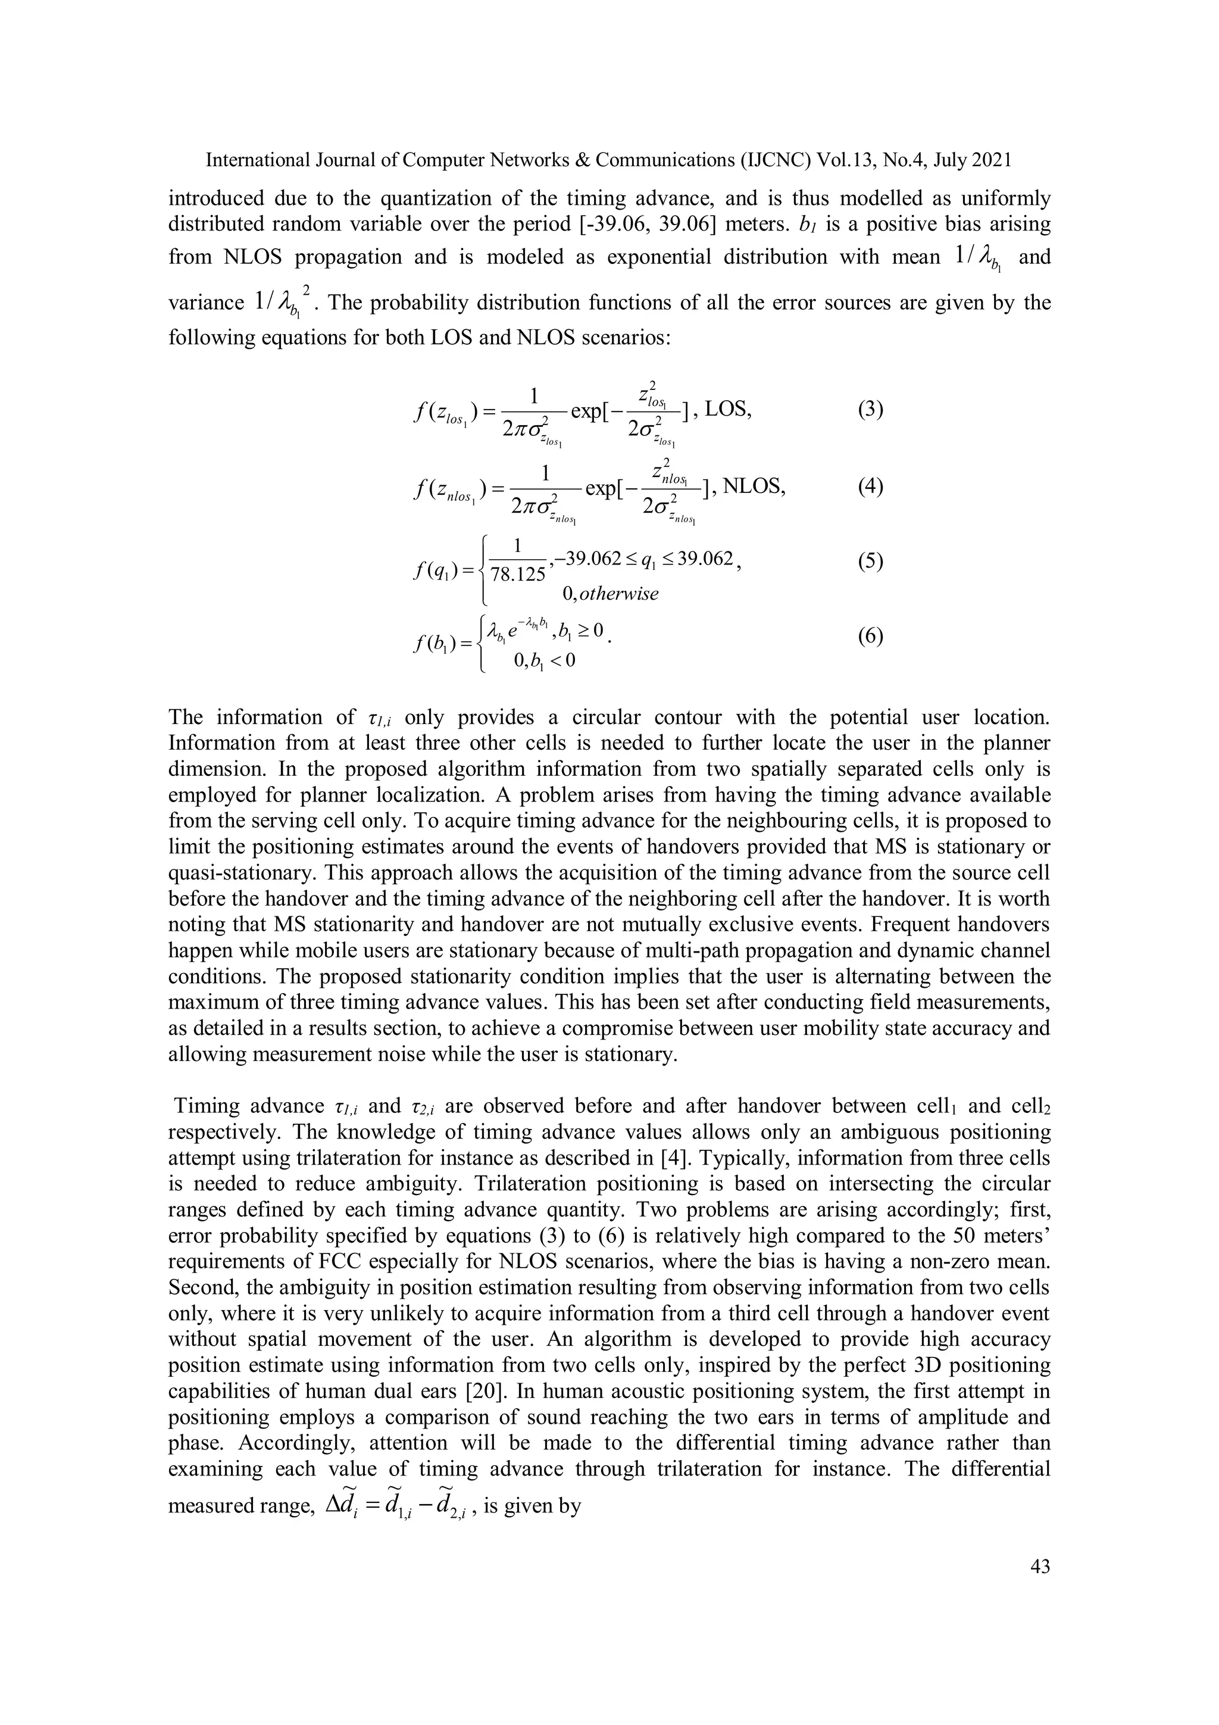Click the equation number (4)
pyautogui.click(x=870, y=487)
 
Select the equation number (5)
pyautogui.click(x=870, y=562)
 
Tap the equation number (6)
pyautogui.click(x=870, y=637)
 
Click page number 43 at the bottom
pyautogui.click(x=1040, y=1566)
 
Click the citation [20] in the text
pyautogui.click(x=482, y=1392)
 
